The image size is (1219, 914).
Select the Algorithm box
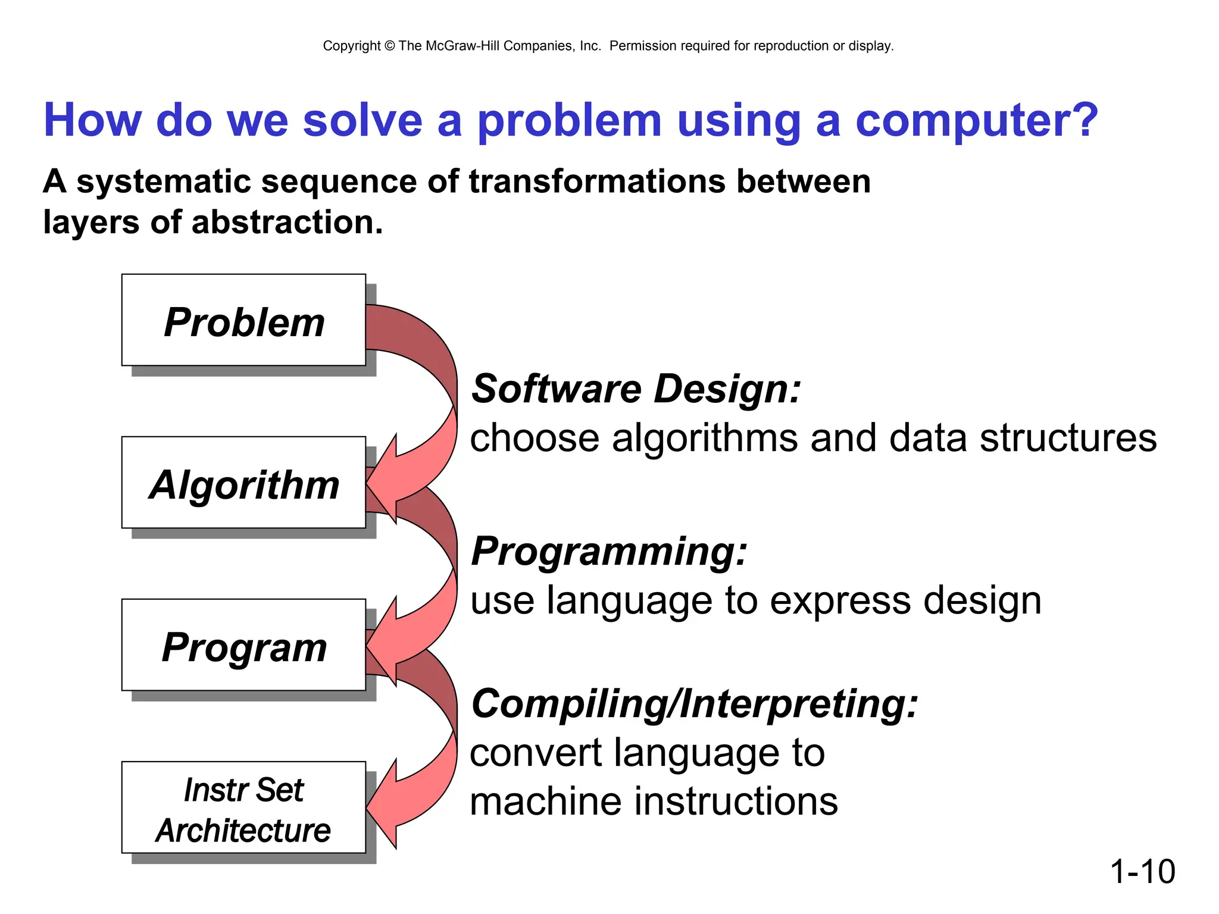(x=243, y=483)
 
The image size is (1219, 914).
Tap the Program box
(x=243, y=645)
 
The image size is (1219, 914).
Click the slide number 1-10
(x=1142, y=871)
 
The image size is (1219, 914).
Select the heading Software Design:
(x=636, y=389)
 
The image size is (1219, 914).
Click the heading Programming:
(x=609, y=551)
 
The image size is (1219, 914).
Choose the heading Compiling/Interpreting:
(x=694, y=703)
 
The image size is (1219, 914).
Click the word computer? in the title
(x=976, y=121)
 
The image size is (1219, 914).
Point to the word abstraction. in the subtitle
(x=287, y=223)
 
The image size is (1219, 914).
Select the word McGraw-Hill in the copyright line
(x=462, y=46)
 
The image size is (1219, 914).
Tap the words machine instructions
(x=654, y=801)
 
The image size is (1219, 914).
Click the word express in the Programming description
(x=840, y=600)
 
